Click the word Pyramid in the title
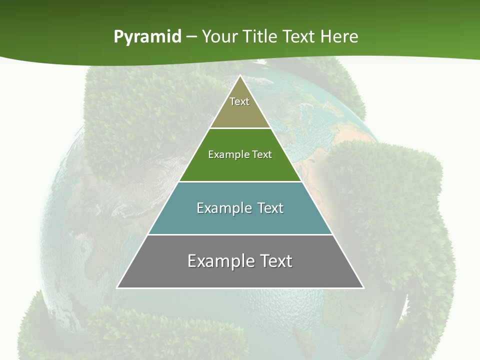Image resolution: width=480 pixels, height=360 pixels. click(147, 37)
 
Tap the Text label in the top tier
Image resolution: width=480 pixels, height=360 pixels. click(239, 101)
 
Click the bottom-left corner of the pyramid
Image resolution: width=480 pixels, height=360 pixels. click(117, 287)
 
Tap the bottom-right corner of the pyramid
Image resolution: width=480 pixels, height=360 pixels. click(363, 287)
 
